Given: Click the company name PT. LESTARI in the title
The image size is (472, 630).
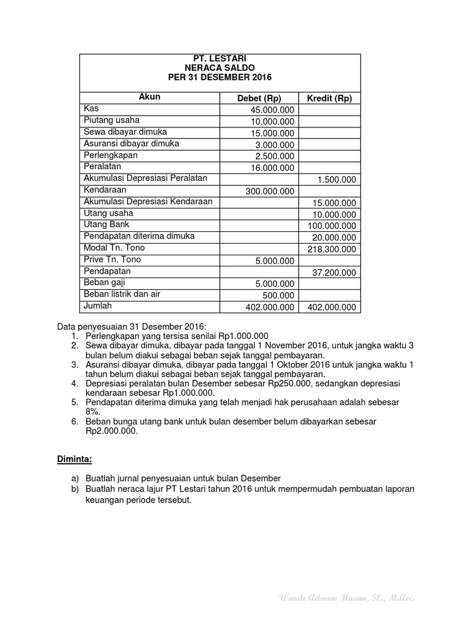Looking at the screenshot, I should coord(219,58).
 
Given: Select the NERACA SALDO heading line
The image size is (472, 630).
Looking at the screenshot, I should coord(219,67).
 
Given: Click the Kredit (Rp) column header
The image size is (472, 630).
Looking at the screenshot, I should coord(329,98).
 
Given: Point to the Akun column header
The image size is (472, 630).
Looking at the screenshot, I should coord(149,97).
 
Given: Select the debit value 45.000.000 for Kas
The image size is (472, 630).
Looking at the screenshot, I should coord(272,110).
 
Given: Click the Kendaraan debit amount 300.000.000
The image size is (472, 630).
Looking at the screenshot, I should coord(270,191).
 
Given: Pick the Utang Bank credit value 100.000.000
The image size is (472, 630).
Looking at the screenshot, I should coord(332,226).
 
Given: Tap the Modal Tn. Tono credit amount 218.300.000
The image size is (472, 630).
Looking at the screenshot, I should coord(332,249).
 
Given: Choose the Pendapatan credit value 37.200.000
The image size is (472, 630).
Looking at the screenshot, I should coord(334,273).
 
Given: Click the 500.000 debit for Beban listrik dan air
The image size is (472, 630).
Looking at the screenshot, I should coord(280,295).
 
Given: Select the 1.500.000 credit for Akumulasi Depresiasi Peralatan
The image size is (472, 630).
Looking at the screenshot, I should coord(337,180).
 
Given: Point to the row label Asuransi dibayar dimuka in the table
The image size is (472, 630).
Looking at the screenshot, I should coord(132,143).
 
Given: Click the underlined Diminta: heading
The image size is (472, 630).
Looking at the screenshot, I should coord(74,459).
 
